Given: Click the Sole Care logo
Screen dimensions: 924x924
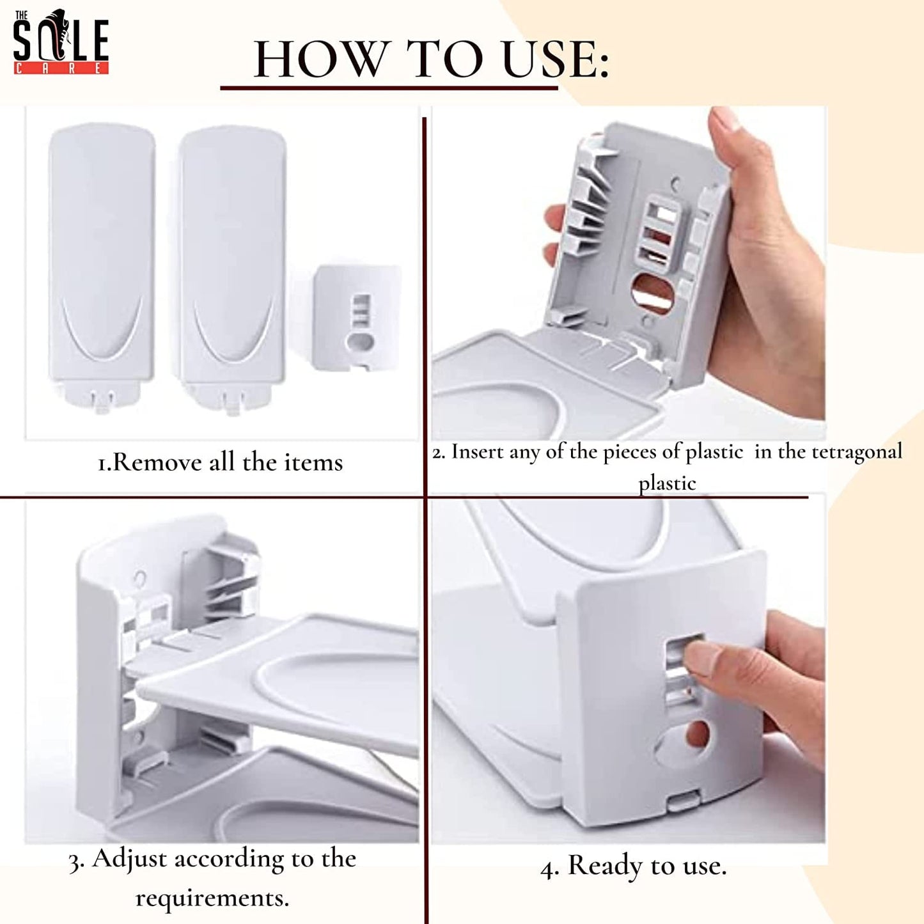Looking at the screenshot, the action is [x=61, y=42].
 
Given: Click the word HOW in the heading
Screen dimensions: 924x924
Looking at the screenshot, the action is [x=320, y=59].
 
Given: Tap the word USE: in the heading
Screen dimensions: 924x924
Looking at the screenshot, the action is [x=556, y=59].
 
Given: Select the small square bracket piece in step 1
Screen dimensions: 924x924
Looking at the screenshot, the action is [x=357, y=318].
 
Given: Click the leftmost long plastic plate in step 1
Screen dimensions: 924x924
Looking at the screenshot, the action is [x=102, y=267].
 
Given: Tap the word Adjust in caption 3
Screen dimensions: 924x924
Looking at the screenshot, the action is [x=129, y=859].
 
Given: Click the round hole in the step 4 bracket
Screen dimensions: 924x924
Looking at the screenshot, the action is [x=698, y=734].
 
